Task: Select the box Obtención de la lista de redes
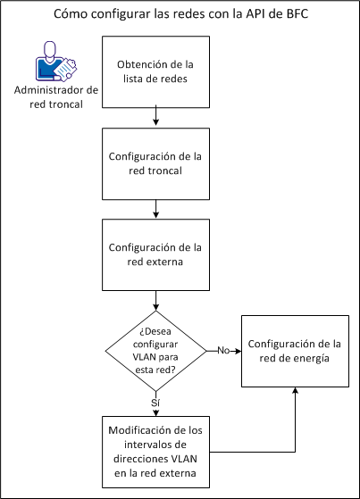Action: (156, 71)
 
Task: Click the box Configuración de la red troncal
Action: (156, 163)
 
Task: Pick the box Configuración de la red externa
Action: (156, 254)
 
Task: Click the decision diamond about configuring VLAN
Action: (156, 351)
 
